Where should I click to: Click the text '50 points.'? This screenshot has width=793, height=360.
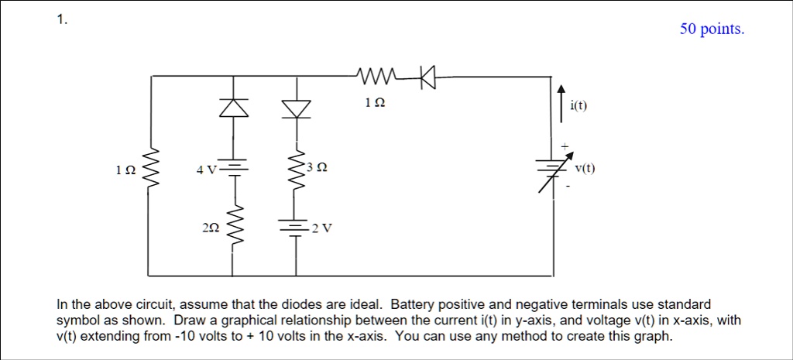pyautogui.click(x=712, y=29)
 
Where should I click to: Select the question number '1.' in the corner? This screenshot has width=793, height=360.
pyautogui.click(x=62, y=21)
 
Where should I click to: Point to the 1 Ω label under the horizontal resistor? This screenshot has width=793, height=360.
pyautogui.click(x=374, y=101)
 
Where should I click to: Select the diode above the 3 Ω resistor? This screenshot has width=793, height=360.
pyautogui.click(x=296, y=108)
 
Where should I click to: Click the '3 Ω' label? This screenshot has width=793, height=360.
pyautogui.click(x=317, y=166)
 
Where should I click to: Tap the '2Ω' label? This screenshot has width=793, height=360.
pyautogui.click(x=210, y=228)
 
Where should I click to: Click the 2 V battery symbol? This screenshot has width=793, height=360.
pyautogui.click(x=296, y=228)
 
